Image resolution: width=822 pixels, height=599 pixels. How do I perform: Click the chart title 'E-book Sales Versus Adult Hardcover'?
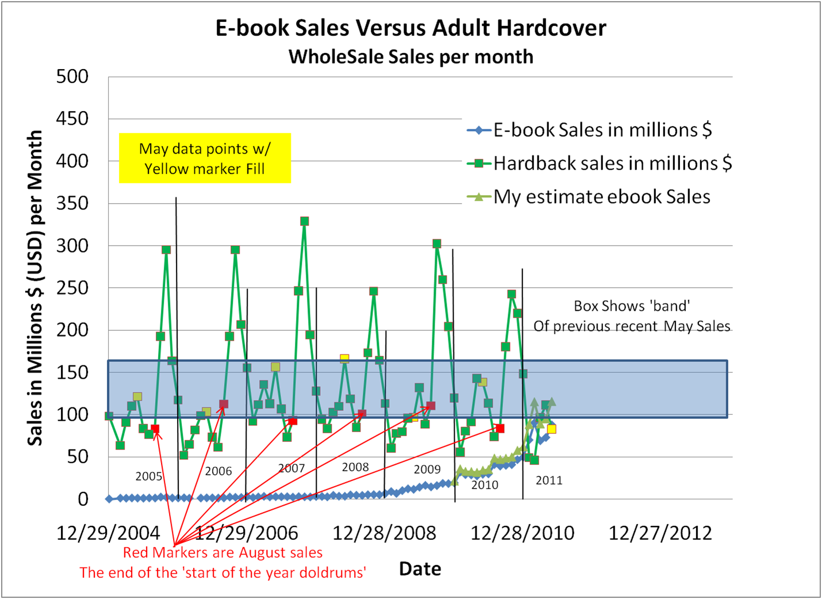pyautogui.click(x=410, y=28)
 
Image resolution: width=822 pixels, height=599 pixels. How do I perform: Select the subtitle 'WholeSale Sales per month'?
pyautogui.click(x=410, y=57)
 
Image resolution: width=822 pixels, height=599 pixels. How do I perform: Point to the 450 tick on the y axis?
pyautogui.click(x=72, y=119)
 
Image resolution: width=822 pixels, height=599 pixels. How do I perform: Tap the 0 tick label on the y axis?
pyautogui.click(x=83, y=499)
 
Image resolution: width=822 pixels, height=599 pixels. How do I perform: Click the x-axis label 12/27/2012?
pyautogui.click(x=660, y=533)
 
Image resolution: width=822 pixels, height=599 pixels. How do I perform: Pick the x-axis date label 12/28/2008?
pyautogui.click(x=384, y=533)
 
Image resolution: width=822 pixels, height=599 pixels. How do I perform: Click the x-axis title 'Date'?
pyautogui.click(x=420, y=569)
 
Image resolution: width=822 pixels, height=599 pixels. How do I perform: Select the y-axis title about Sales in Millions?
pyautogui.click(x=35, y=288)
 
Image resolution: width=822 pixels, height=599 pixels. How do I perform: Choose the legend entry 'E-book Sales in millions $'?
pyautogui.click(x=602, y=130)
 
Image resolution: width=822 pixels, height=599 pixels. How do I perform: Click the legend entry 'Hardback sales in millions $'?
pyautogui.click(x=612, y=163)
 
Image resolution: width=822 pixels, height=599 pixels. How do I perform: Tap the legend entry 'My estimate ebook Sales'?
pyautogui.click(x=601, y=197)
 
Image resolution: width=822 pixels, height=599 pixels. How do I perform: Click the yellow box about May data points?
pyautogui.click(x=205, y=158)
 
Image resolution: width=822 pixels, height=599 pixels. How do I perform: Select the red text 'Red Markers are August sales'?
pyautogui.click(x=223, y=553)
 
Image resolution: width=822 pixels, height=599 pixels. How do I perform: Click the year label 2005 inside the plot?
pyautogui.click(x=149, y=476)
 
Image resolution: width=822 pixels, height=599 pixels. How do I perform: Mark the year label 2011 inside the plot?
pyautogui.click(x=549, y=480)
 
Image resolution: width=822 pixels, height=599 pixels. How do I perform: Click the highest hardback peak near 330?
pyautogui.click(x=305, y=222)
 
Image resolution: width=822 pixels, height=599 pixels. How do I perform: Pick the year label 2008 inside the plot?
pyautogui.click(x=355, y=467)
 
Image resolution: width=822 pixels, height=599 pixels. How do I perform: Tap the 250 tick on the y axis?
pyautogui.click(x=72, y=288)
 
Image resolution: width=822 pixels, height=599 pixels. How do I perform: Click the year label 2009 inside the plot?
pyautogui.click(x=427, y=470)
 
